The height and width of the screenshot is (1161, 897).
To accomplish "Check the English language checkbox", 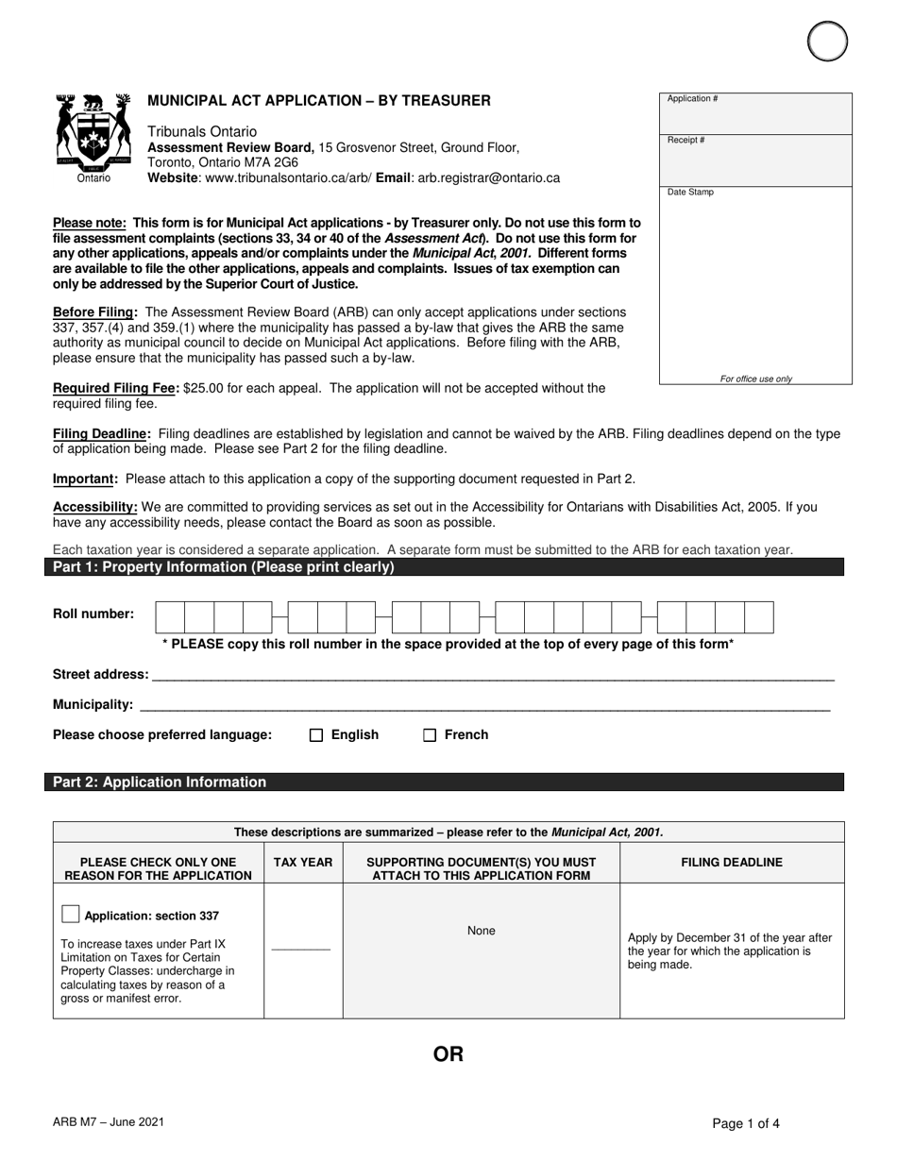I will (316, 735).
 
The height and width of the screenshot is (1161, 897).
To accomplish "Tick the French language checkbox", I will (430, 735).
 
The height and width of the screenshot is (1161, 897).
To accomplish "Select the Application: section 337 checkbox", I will (70, 914).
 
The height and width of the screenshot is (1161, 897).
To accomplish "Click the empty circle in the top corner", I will (828, 41).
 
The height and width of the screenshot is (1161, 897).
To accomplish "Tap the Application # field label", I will (693, 99).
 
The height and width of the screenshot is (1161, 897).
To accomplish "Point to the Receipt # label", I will (686, 141).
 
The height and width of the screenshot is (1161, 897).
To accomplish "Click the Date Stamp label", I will (691, 193).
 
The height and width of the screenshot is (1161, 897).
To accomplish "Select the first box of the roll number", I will (170, 617).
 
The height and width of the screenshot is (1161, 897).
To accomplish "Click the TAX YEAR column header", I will (303, 862).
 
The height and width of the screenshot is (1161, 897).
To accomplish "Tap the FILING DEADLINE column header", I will (732, 862).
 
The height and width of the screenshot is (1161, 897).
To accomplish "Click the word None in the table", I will (482, 931).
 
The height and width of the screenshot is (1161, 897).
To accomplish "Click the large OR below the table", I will (448, 1054).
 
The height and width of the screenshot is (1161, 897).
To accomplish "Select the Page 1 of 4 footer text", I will (746, 1123).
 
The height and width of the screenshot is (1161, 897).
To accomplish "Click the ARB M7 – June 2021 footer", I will (110, 1121).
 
